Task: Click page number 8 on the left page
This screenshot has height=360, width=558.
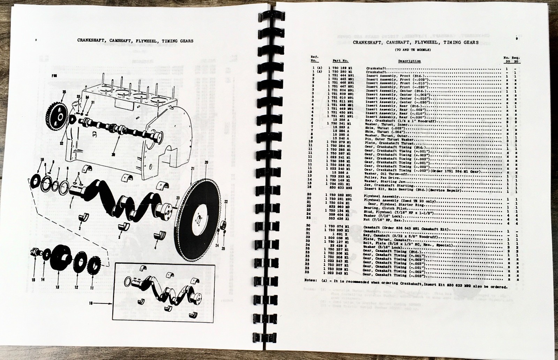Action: [36, 40]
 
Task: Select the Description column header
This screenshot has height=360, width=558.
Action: [409, 61]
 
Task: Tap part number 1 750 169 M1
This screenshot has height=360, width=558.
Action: [340, 67]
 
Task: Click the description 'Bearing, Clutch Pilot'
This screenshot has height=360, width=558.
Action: [382, 206]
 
